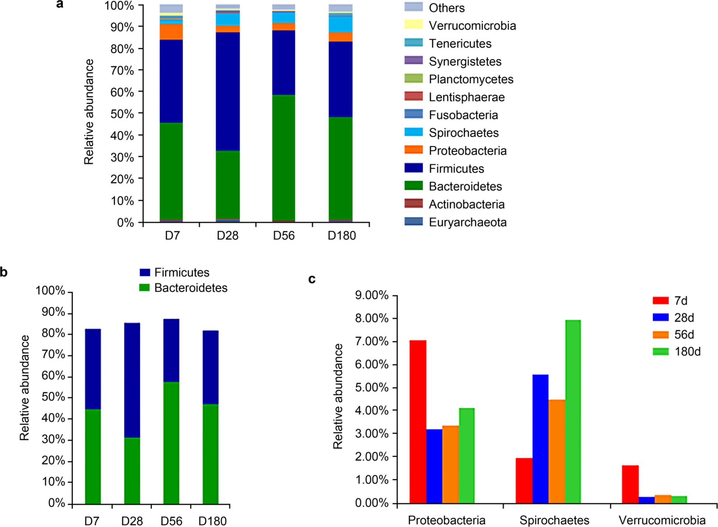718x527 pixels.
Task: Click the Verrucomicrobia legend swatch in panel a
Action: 413,25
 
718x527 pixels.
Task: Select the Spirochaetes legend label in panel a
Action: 464,133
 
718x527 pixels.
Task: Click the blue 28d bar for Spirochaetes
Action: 540,439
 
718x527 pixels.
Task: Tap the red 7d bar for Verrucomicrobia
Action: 630,484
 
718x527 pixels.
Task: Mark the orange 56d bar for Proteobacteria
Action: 450,465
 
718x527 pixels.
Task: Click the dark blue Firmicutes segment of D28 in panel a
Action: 228,92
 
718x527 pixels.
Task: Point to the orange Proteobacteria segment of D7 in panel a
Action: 171,32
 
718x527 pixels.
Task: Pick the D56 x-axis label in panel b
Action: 171,521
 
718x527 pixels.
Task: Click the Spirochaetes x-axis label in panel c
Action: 554,520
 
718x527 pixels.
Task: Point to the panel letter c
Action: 312,279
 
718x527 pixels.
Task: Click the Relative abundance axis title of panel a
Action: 89,112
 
